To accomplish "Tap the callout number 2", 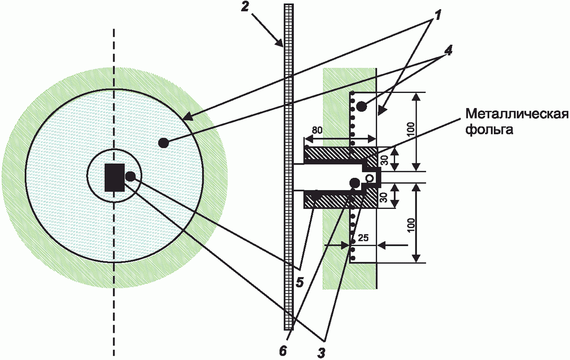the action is coord(245,7).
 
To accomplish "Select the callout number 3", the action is coord(321,353).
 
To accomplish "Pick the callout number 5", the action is coord(299,283).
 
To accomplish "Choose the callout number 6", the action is coord(283,352).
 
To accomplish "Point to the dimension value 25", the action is coord(363,238).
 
